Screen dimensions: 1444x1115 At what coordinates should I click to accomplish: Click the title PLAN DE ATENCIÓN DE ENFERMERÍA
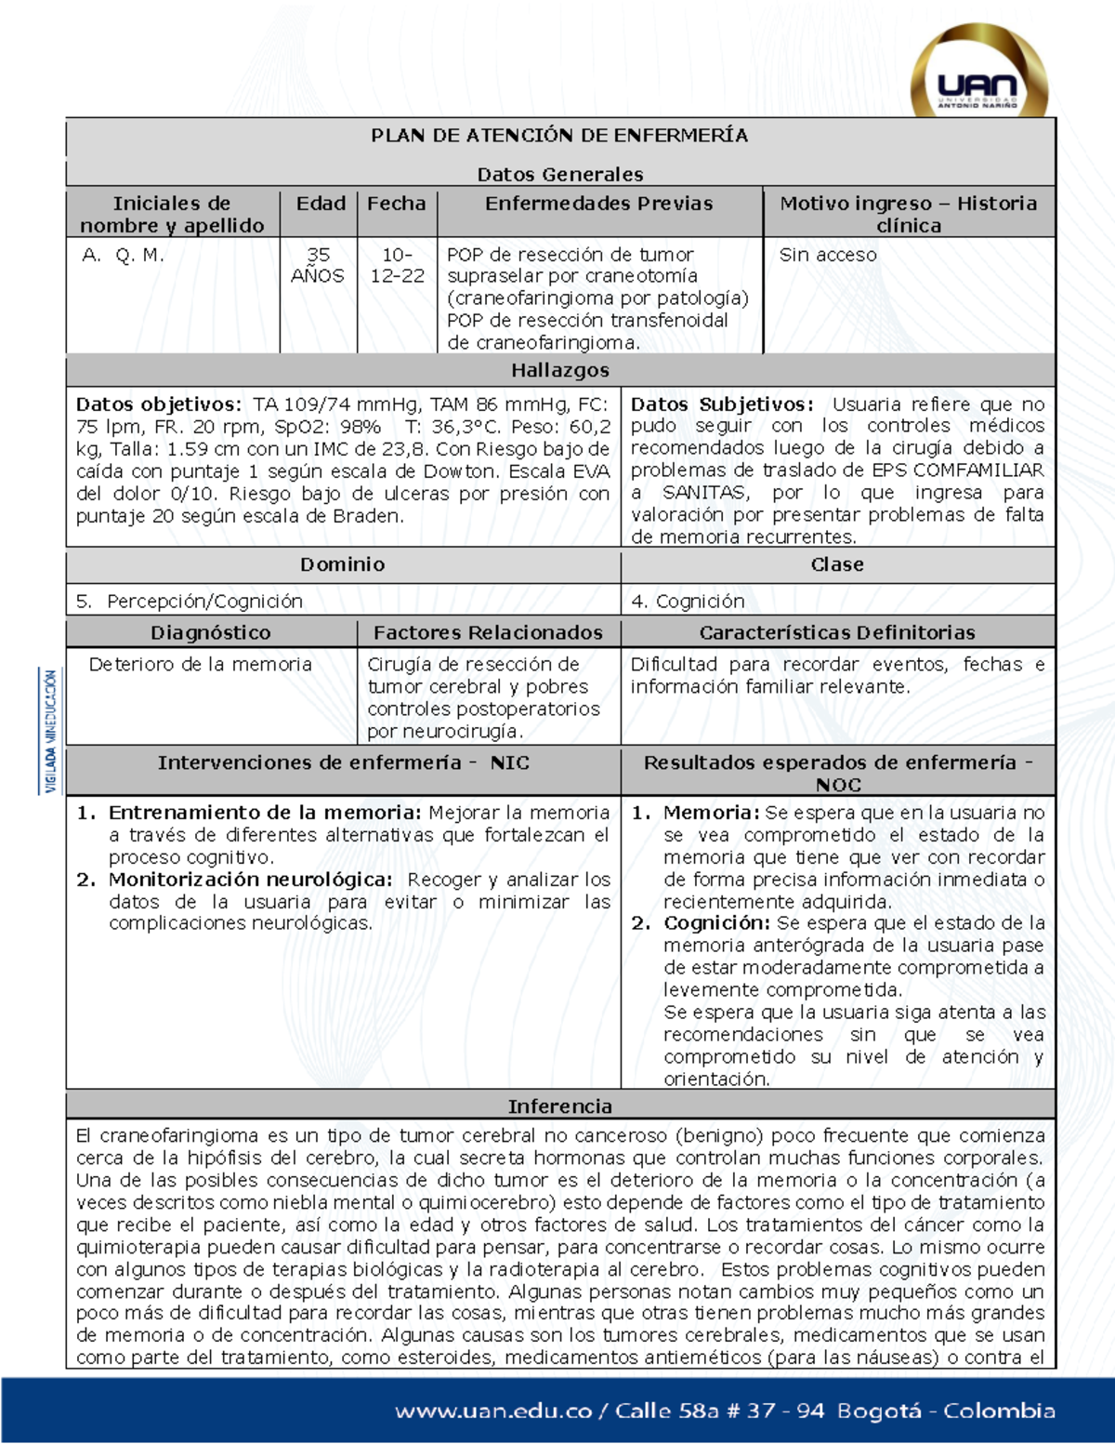tap(559, 136)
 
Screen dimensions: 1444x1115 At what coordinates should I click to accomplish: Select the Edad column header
tap(321, 204)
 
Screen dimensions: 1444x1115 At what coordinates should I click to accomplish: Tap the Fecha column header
tap(397, 204)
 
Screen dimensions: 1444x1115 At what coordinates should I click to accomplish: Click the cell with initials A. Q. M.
tap(123, 255)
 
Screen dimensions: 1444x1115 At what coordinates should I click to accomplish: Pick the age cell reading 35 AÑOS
tap(318, 265)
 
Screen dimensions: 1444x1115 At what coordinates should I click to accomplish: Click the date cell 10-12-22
tap(397, 265)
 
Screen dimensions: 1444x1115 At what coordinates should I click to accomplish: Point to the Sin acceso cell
tap(828, 255)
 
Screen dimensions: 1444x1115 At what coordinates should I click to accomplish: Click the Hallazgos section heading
tap(559, 370)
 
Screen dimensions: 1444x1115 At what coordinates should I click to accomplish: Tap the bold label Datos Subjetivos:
tap(721, 404)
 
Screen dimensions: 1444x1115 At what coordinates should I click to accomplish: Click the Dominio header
tap(342, 564)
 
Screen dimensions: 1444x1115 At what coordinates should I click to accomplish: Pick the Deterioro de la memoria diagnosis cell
tap(200, 665)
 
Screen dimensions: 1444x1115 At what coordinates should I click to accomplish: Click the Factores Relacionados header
tap(488, 633)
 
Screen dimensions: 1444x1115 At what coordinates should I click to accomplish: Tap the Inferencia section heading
tap(559, 1106)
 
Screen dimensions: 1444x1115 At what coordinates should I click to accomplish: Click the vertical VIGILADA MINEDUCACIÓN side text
tap(51, 731)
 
